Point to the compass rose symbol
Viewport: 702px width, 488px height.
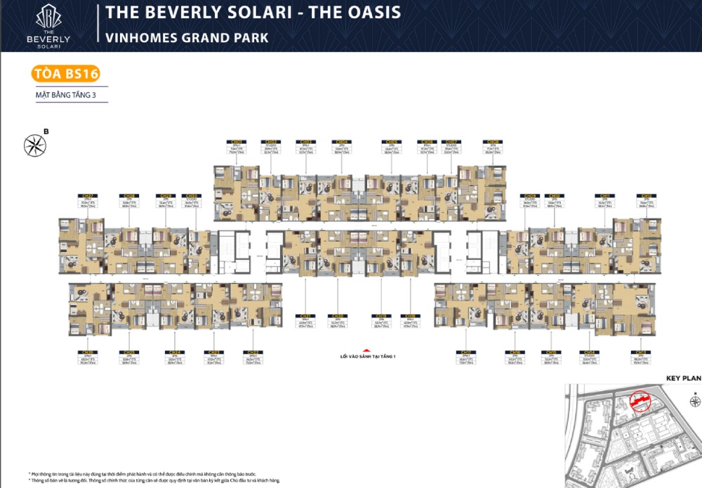point(34,145)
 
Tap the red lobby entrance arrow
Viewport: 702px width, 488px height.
point(365,350)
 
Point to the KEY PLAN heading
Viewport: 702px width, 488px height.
point(683,378)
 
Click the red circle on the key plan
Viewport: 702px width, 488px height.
point(639,401)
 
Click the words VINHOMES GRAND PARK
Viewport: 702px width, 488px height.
point(187,37)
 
